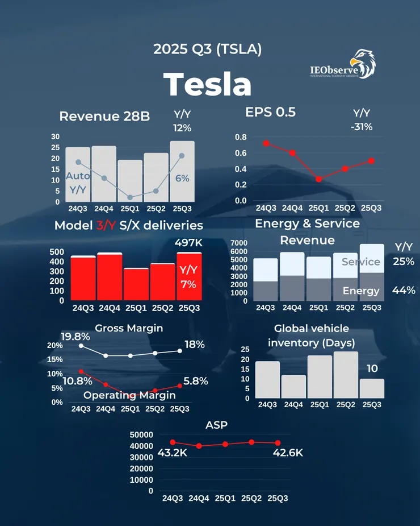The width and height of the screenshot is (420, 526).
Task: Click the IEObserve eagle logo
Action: tap(362, 63)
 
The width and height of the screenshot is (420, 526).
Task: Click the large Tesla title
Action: tap(208, 85)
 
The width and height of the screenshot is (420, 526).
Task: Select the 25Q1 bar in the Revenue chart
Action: tap(129, 180)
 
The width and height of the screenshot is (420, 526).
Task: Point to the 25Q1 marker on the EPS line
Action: tap(318, 179)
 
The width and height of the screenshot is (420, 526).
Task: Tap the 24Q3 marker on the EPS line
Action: tap(266, 143)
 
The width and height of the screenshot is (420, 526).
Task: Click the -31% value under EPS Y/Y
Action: tap(362, 127)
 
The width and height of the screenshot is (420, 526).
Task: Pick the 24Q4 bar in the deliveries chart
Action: tap(110, 277)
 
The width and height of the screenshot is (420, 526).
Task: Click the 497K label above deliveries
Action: tap(189, 243)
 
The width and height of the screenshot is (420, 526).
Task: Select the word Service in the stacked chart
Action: tap(360, 262)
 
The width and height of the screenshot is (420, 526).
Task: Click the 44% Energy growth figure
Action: tap(404, 290)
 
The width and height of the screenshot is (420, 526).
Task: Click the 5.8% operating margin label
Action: tap(196, 381)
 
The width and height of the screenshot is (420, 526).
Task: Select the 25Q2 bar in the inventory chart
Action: tap(346, 375)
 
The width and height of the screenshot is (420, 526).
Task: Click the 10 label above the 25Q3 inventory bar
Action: tap(372, 368)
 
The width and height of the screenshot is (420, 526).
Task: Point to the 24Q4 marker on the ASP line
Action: tap(199, 446)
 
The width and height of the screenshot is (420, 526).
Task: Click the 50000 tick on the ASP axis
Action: tap(142, 434)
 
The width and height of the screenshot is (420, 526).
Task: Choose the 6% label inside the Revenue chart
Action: tap(182, 178)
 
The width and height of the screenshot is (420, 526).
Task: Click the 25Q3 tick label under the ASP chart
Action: tap(277, 499)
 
